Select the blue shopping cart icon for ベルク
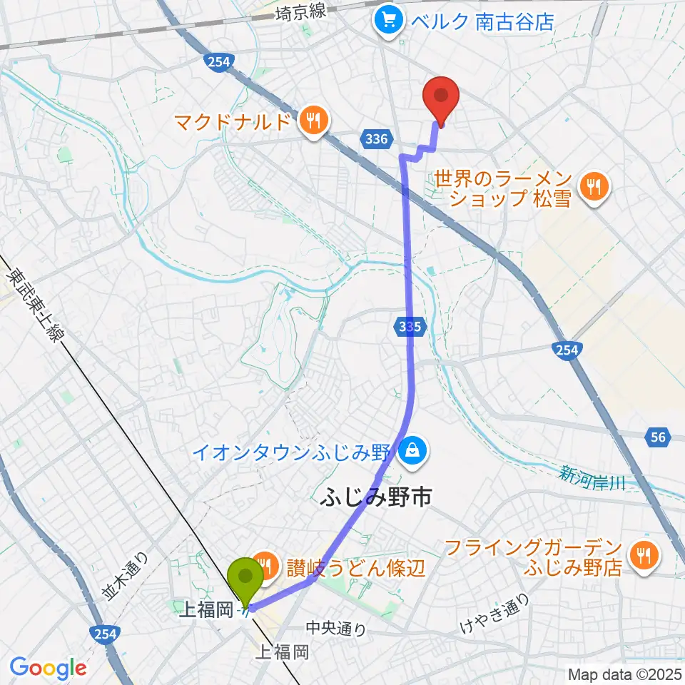coord(389,19)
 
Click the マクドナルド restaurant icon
coord(313,121)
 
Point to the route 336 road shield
coord(375,140)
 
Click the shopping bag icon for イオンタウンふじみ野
coord(412,450)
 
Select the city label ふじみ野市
coord(375,497)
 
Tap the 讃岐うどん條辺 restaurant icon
coord(266,567)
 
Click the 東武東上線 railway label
coord(35,307)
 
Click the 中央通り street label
coord(336,629)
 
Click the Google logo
coord(48,668)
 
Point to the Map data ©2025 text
coord(623,674)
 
